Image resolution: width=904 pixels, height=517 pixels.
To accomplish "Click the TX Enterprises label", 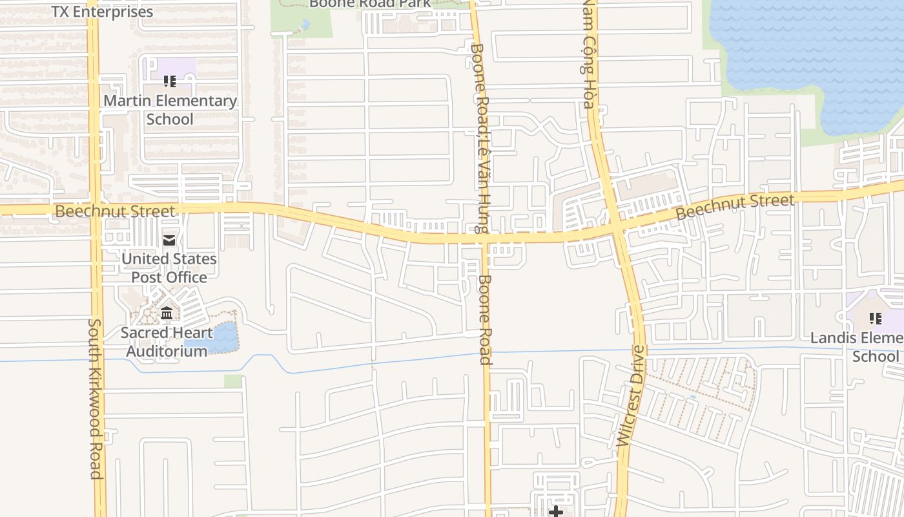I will pyautogui.click(x=102, y=11).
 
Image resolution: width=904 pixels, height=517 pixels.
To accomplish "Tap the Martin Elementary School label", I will pyautogui.click(x=170, y=110).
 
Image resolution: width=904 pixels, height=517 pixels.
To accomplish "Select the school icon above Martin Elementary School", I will pyautogui.click(x=170, y=81).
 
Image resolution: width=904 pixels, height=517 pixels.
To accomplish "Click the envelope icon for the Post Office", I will pyautogui.click(x=169, y=240).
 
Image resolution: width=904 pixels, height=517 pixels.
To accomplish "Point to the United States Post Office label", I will pyautogui.click(x=169, y=268).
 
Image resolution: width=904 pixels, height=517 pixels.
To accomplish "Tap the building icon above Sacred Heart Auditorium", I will pyautogui.click(x=167, y=313).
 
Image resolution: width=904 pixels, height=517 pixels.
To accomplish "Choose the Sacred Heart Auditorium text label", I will pyautogui.click(x=167, y=342).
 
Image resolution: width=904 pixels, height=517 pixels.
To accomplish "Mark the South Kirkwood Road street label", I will pyautogui.click(x=96, y=398).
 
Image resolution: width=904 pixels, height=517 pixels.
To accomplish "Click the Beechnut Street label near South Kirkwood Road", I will pyautogui.click(x=114, y=211).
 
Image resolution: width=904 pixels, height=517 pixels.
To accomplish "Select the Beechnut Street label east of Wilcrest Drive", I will pyautogui.click(x=735, y=207).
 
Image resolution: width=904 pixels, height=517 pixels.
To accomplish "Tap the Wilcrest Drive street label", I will pyautogui.click(x=631, y=396).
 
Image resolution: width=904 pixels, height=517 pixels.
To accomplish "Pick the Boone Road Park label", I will pyautogui.click(x=369, y=4).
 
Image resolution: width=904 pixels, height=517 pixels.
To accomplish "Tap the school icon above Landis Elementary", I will pyautogui.click(x=876, y=318).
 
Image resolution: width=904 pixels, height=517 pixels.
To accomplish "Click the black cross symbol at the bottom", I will pyautogui.click(x=555, y=512).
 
